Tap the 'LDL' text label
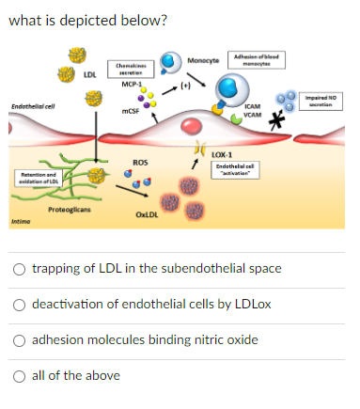pos(89,73)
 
